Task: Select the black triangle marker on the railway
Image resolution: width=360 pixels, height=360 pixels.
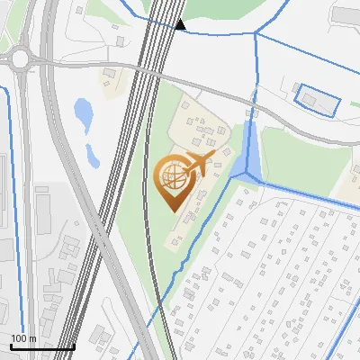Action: tap(180, 24)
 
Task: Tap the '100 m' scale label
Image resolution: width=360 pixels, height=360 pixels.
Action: tap(23, 337)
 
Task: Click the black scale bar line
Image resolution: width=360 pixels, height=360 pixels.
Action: tap(41, 346)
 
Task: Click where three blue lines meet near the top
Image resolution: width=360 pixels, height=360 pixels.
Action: tap(255, 34)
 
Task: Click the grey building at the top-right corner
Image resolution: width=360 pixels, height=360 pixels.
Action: tap(346, 14)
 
